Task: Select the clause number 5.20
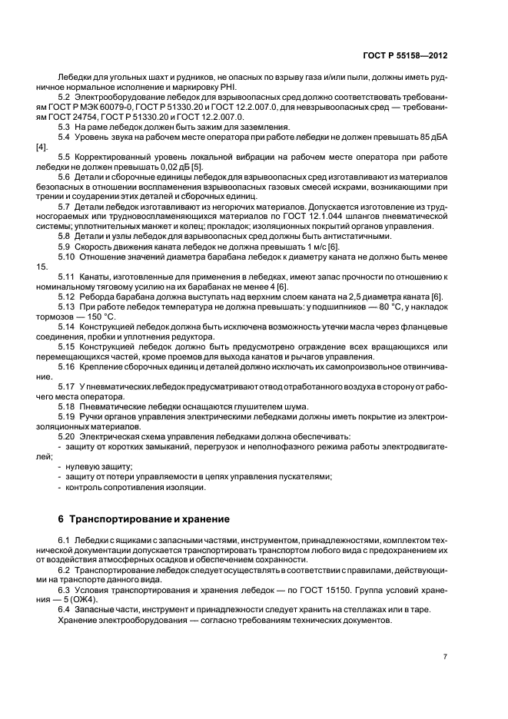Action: [68, 436]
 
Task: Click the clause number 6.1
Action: [65, 542]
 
